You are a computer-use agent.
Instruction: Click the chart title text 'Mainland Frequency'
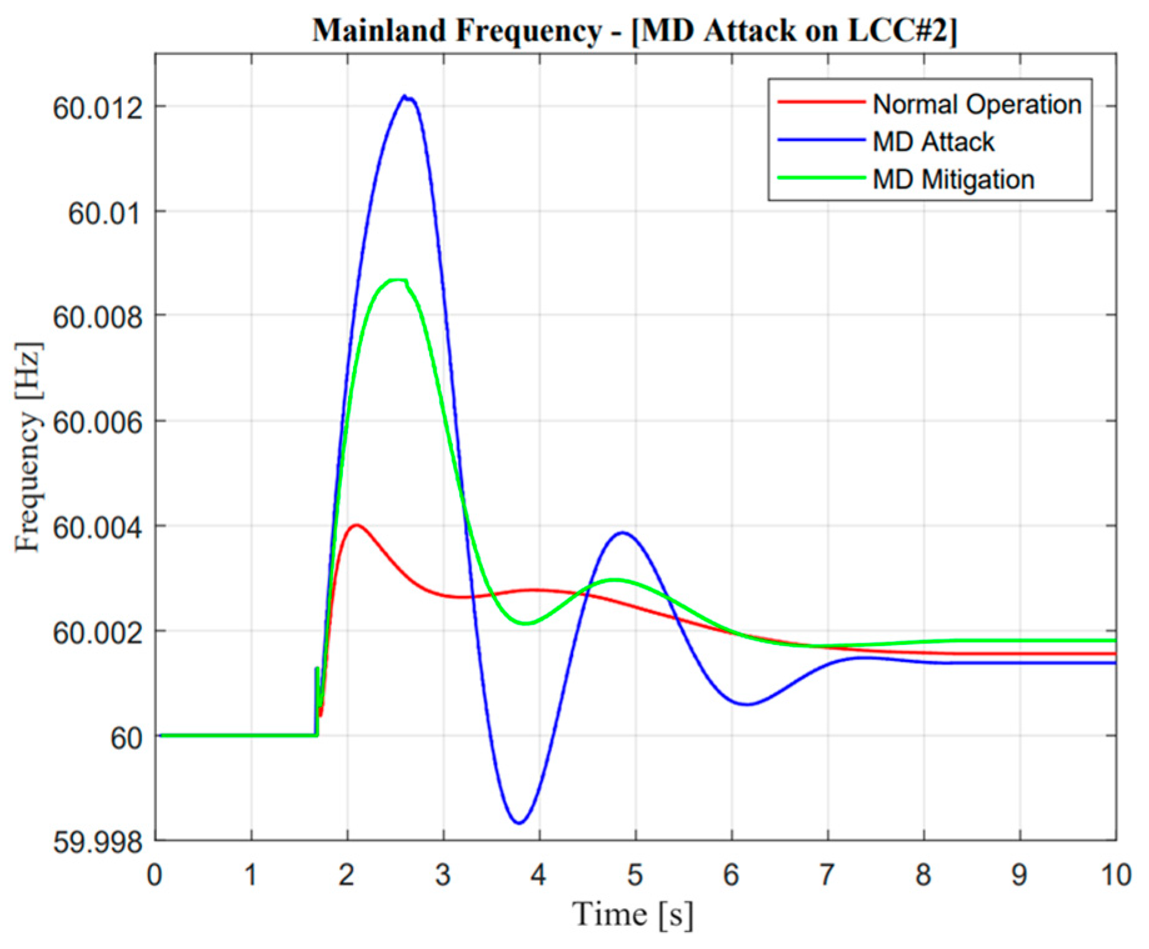pos(457,30)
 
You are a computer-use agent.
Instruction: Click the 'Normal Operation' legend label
pos(977,104)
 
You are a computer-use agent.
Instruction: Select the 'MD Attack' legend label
pos(933,142)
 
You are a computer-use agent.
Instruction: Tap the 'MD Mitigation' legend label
pos(953,179)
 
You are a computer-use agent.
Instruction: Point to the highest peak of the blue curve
pos(405,96)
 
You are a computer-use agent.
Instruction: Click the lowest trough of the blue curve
pos(519,823)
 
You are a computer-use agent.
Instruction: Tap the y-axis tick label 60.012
pos(97,107)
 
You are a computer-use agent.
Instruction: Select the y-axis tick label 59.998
pos(97,842)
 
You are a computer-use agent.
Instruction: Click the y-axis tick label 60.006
pos(97,423)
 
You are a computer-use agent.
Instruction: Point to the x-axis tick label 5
pos(635,875)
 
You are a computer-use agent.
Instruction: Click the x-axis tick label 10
pos(1115,875)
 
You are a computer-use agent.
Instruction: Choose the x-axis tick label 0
pos(154,875)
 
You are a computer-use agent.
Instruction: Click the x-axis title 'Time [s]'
pos(632,914)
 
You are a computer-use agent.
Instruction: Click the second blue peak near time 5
pos(622,533)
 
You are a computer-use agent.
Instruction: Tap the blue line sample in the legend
pos(820,140)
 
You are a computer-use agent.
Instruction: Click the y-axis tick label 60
pos(126,738)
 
